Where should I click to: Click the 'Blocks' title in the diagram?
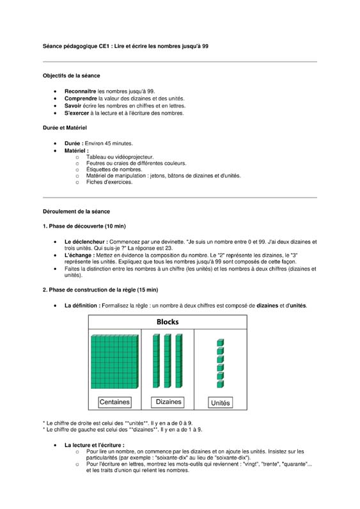[x=167, y=322]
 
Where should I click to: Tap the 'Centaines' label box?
[x=114, y=402]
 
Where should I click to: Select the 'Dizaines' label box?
[x=169, y=402]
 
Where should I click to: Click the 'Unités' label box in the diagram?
[x=221, y=403]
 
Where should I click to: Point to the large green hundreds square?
[x=114, y=361]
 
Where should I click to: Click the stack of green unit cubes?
[x=220, y=363]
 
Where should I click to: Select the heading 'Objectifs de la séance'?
[x=71, y=75]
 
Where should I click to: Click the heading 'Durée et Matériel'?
[x=64, y=128]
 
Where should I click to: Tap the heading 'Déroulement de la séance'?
[x=76, y=211]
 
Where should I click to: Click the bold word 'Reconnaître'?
[x=81, y=91]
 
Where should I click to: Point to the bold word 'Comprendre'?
[x=81, y=99]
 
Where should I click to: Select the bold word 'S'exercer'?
[x=77, y=113]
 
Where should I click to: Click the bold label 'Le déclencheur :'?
[x=86, y=242]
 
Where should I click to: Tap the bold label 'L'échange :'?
[x=79, y=255]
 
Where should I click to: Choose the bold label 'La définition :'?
[x=82, y=306]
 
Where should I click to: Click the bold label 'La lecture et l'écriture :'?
[x=94, y=444]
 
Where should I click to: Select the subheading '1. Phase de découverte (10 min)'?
[x=84, y=226]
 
